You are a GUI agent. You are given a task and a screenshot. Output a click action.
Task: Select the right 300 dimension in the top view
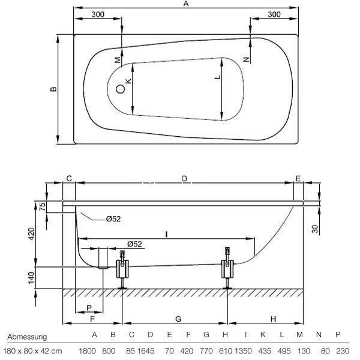tap(274, 14)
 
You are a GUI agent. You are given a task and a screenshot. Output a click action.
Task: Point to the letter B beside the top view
tap(53, 89)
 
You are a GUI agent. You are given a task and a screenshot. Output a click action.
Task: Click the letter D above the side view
tap(184, 178)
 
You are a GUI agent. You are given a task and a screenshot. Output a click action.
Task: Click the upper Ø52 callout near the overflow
tap(113, 219)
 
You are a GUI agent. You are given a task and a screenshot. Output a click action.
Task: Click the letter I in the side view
tap(165, 232)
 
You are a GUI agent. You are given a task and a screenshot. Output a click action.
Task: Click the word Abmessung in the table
tap(27, 337)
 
